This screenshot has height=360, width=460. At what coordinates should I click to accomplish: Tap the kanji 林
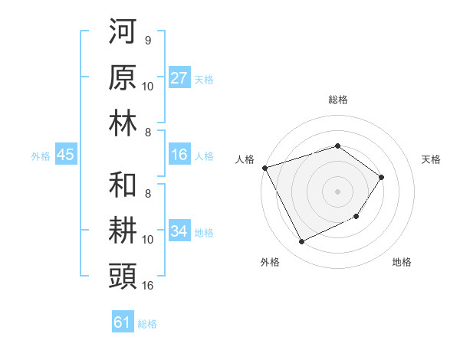point(123,123)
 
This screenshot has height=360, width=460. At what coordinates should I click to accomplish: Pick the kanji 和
point(123,185)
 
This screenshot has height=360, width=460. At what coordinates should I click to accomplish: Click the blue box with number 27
point(179,77)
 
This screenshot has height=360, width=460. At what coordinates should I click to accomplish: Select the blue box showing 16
point(179,155)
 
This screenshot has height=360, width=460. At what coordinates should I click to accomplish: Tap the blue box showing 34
point(179,231)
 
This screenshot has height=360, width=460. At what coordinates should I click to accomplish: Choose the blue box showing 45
point(65,155)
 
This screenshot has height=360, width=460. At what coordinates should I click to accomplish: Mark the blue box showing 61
point(123,322)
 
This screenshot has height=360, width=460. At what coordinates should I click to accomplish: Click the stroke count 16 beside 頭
point(148,286)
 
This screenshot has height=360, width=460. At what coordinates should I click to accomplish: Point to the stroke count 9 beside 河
point(147,40)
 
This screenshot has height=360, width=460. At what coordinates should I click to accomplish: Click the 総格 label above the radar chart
point(337,100)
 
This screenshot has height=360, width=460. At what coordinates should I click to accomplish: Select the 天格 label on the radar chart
point(432,159)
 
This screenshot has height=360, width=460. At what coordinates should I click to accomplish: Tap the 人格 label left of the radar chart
point(245,159)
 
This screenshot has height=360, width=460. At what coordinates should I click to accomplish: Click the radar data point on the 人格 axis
point(264,167)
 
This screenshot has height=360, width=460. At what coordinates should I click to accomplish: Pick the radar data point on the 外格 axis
point(301,242)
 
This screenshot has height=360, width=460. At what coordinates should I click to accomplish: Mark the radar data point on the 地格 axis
point(356,218)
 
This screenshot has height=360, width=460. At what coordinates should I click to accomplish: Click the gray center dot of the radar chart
point(337,191)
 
